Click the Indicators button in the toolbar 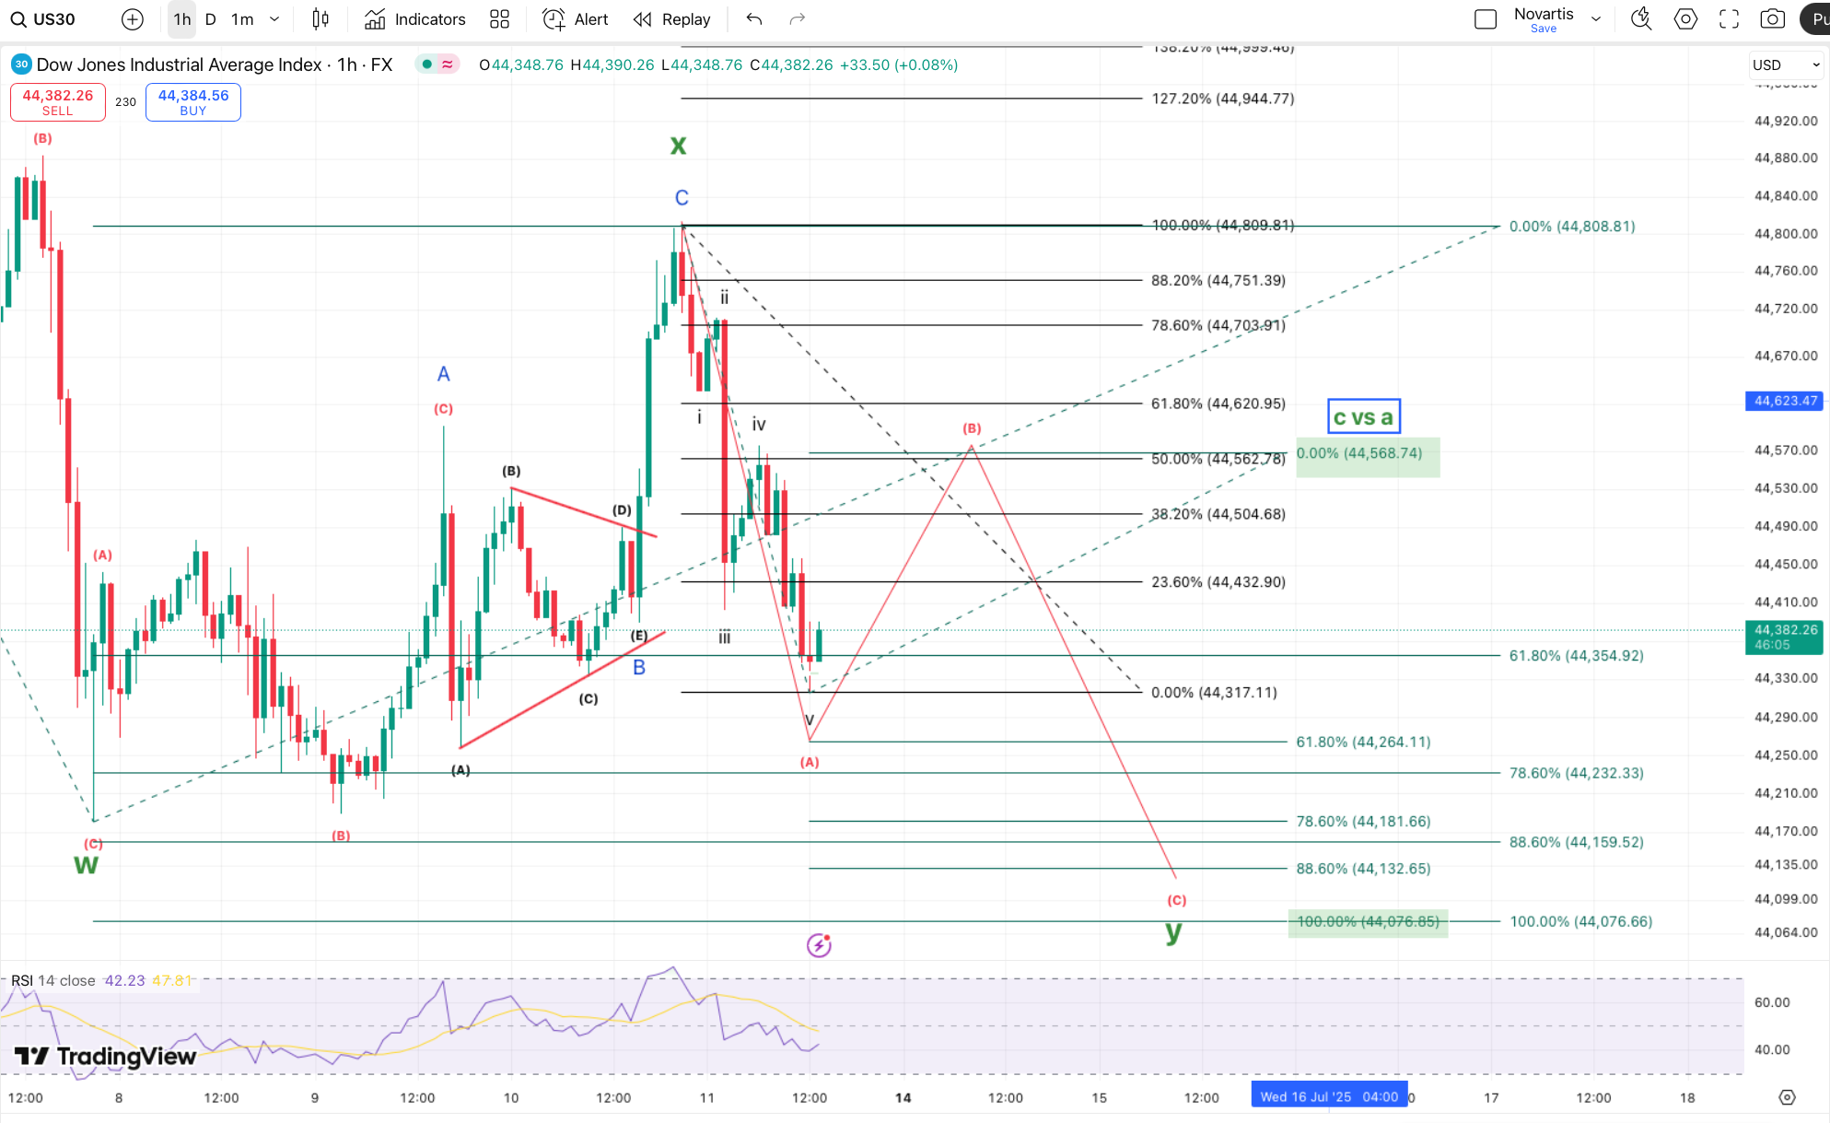coord(415,19)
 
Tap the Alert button coord(576,19)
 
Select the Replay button coord(672,19)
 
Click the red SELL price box coord(57,101)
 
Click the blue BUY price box coord(193,101)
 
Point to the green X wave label coord(678,146)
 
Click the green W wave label coord(86,865)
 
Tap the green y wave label coord(1172,931)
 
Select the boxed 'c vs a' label coord(1363,416)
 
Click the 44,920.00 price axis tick coord(1785,121)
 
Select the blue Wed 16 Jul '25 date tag coord(1328,1096)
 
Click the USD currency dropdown coord(1785,64)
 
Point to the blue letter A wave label coord(443,374)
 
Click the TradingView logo coord(106,1057)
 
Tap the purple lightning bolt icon coord(819,944)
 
